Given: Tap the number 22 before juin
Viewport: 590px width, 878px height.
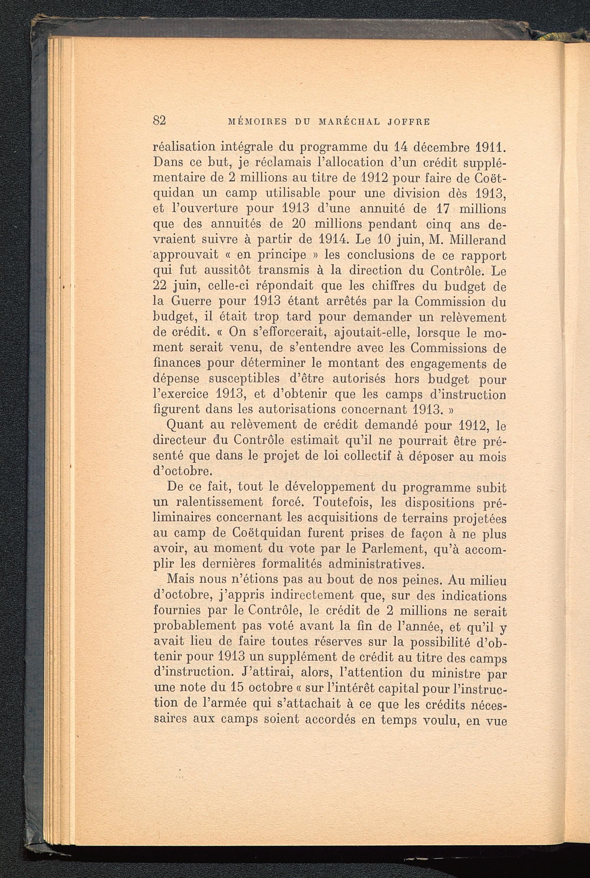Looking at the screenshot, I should (161, 286).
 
